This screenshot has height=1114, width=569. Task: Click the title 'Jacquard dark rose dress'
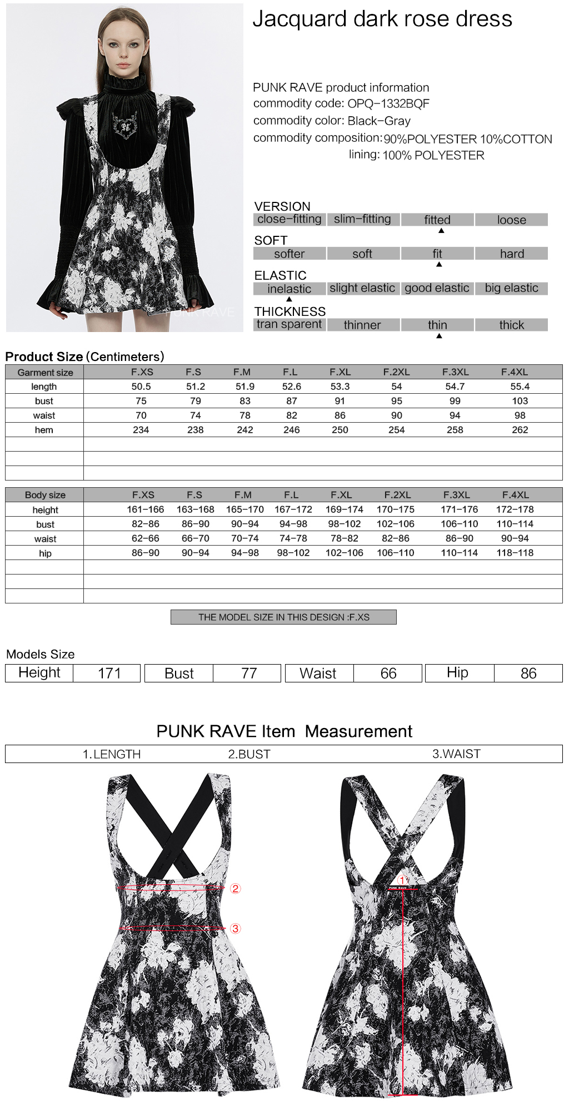[x=382, y=19]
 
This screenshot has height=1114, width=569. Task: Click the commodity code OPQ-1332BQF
[x=388, y=103]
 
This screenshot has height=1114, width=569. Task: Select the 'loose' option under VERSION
[x=511, y=220]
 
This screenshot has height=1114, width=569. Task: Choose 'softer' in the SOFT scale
[x=289, y=254]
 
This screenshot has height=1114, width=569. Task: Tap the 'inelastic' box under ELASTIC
[x=289, y=289]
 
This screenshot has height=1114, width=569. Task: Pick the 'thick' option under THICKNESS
[x=511, y=325]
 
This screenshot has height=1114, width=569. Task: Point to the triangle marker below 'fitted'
[x=441, y=230]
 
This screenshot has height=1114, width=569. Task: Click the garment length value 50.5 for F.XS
[x=141, y=387]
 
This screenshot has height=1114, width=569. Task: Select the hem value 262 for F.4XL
[x=520, y=430]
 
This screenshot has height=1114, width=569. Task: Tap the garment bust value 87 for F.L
[x=291, y=401]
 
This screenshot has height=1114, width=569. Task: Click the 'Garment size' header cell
[x=45, y=373]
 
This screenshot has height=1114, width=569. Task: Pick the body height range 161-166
[x=145, y=509]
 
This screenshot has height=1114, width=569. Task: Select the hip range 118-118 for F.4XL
[x=515, y=553]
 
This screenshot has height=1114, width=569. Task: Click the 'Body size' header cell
[x=45, y=495]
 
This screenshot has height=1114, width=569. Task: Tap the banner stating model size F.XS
[x=283, y=617]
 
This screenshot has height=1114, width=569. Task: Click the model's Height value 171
[x=109, y=674]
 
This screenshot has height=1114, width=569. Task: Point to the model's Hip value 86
[x=528, y=674]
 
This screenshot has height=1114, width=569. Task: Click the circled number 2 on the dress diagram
[x=236, y=889]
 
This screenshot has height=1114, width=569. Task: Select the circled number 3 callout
[x=236, y=929]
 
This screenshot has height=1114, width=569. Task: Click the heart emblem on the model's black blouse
[x=125, y=126]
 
